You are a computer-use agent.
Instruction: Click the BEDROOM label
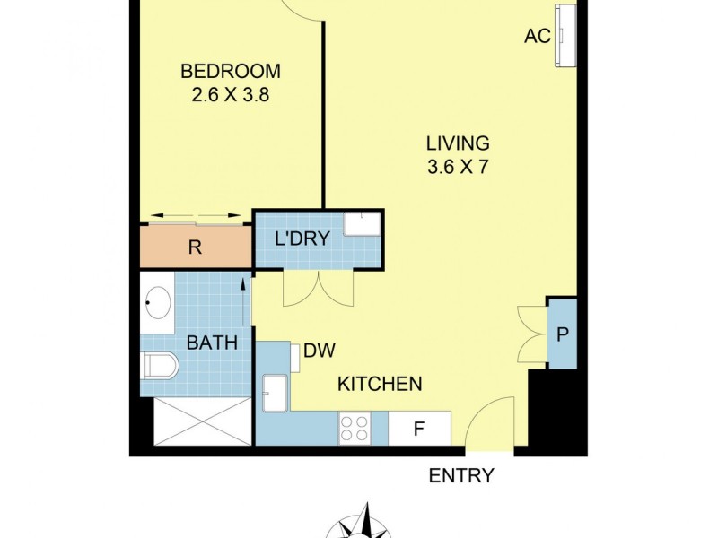[230, 71]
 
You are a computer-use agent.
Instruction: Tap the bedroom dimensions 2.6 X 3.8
[230, 93]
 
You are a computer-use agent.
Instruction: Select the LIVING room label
[457, 143]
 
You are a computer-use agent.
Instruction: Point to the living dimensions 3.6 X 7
[457, 166]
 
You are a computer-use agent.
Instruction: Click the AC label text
[537, 37]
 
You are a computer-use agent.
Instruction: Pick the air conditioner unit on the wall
[567, 35]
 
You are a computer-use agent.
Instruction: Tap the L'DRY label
[302, 239]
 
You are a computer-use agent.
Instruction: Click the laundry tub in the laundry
[363, 224]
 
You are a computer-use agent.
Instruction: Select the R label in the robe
[195, 248]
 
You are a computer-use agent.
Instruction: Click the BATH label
[212, 342]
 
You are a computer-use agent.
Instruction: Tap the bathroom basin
[159, 303]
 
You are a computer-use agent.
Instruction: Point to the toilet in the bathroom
[162, 365]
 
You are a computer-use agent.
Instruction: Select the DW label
[319, 351]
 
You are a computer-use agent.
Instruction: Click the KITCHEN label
[380, 385]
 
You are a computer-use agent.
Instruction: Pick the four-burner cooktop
[355, 429]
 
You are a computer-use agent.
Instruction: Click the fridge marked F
[418, 429]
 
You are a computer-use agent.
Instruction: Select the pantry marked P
[562, 334]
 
